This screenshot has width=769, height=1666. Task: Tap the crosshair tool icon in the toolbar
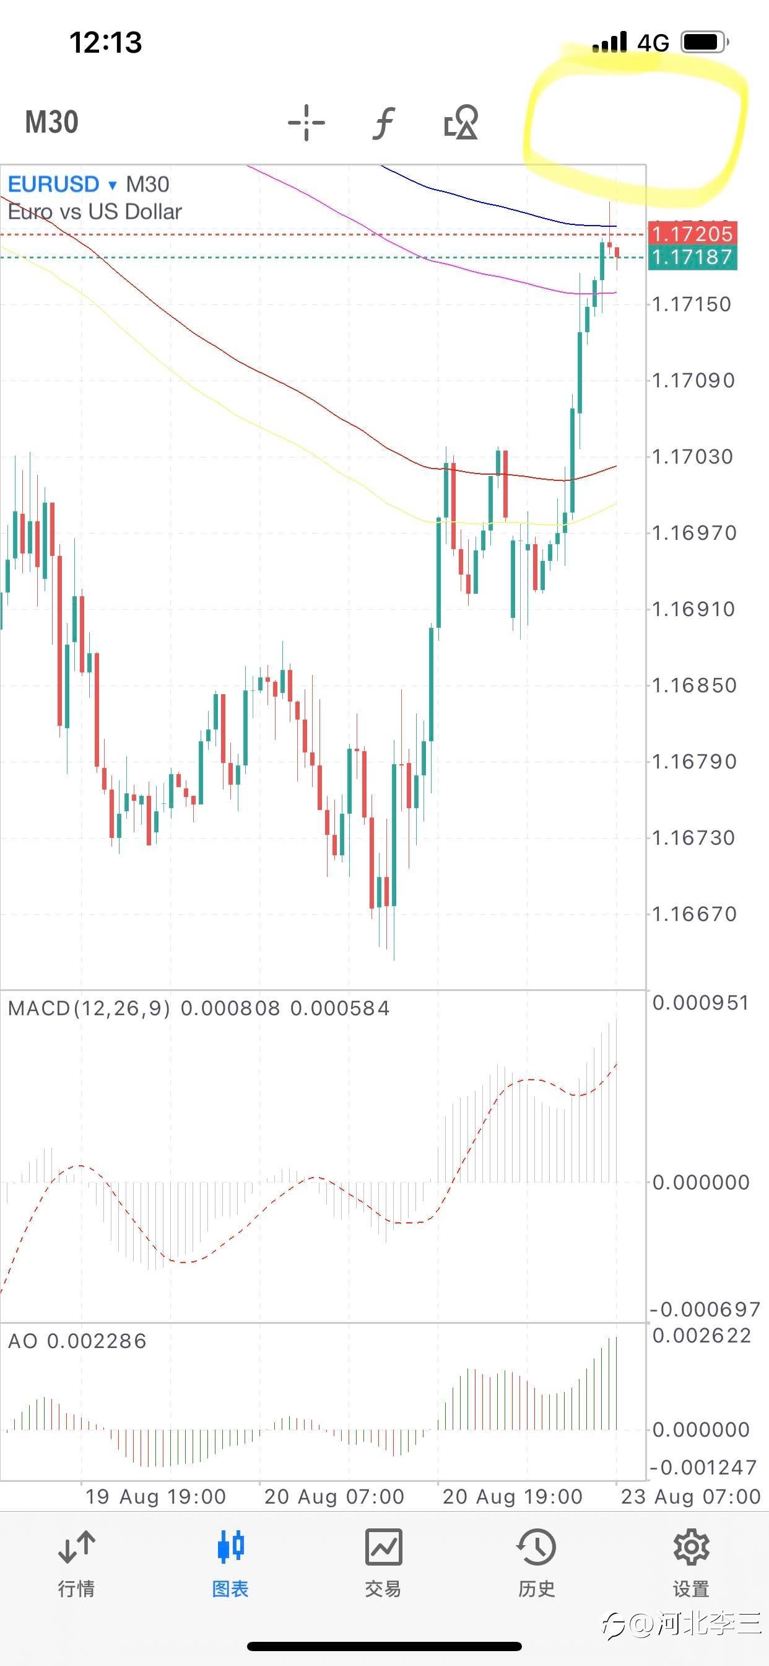point(306,122)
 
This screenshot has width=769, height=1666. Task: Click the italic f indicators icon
point(383,122)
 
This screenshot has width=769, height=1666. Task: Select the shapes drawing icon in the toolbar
point(461,122)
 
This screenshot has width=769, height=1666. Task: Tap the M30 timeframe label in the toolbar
point(51,122)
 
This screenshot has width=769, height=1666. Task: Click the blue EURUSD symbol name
point(54,184)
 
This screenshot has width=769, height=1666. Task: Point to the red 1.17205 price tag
point(692,234)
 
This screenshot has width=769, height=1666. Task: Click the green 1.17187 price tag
point(692,257)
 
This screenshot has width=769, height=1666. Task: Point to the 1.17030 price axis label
point(693,457)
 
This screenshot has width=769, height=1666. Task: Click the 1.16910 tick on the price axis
point(693,609)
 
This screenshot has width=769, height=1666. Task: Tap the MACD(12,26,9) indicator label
point(89,1008)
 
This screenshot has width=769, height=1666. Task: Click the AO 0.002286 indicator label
point(77,1341)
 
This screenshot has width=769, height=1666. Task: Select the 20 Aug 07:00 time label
point(334,1496)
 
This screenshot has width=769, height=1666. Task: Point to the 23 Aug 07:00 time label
point(690,1496)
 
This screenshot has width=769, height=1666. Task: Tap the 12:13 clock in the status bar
point(105,43)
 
